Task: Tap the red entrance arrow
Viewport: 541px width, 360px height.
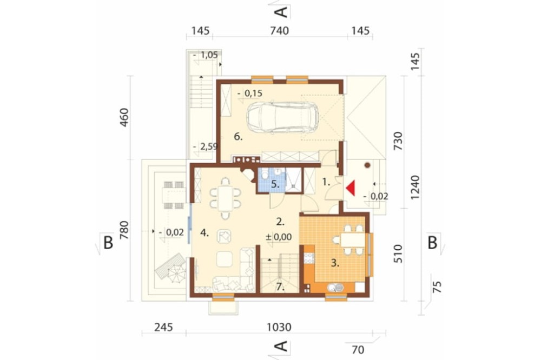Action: [x=350, y=188]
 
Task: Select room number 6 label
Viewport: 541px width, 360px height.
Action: [x=238, y=137]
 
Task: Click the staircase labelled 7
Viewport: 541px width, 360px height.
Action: [x=280, y=273]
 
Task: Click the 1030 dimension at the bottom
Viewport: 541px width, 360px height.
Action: [x=279, y=326]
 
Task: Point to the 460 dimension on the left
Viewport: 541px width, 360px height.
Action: [x=124, y=118]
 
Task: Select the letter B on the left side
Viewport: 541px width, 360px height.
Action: [x=108, y=243]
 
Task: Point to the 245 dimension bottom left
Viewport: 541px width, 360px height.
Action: [x=162, y=326]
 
